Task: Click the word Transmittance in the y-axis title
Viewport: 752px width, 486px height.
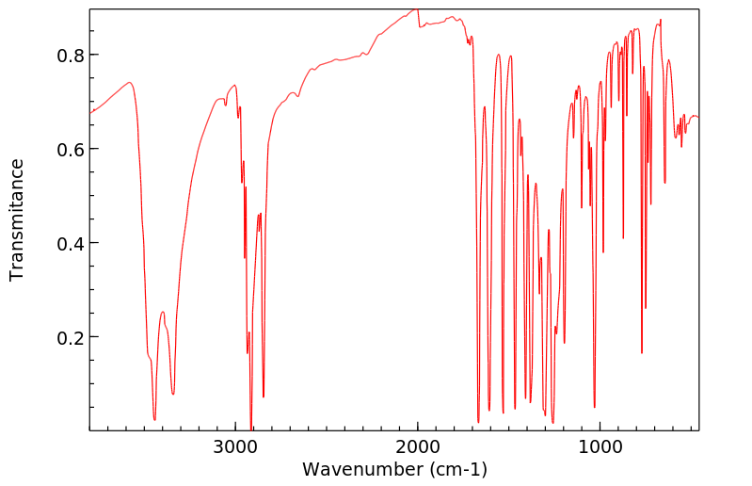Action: coord(17,219)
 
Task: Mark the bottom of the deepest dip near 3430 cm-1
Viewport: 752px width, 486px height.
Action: coord(154,420)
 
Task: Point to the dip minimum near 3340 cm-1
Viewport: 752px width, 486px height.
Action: coord(173,395)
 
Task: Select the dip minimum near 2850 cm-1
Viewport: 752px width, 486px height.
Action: coord(264,397)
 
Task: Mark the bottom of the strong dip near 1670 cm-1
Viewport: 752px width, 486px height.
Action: coord(478,422)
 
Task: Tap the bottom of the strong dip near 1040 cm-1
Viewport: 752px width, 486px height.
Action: coord(595,407)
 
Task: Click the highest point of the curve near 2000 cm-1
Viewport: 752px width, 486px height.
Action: coord(416,9)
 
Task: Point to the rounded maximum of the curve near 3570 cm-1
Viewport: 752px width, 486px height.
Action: coord(130,83)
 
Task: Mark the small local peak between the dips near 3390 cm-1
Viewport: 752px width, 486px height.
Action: coord(163,312)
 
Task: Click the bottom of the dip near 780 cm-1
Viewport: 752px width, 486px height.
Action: coord(642,352)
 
